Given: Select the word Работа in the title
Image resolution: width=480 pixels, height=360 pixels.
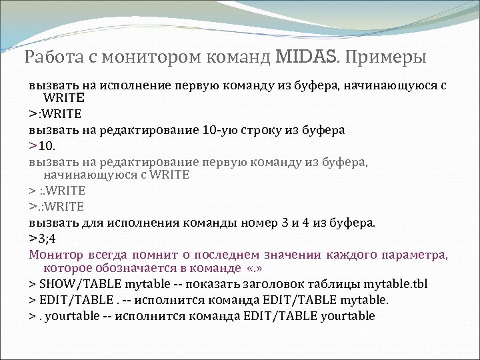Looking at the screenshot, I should tap(47, 57).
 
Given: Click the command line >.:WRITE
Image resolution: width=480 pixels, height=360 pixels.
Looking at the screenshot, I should tap(56, 207).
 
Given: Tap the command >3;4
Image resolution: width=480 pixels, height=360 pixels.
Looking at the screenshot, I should tap(43, 238).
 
